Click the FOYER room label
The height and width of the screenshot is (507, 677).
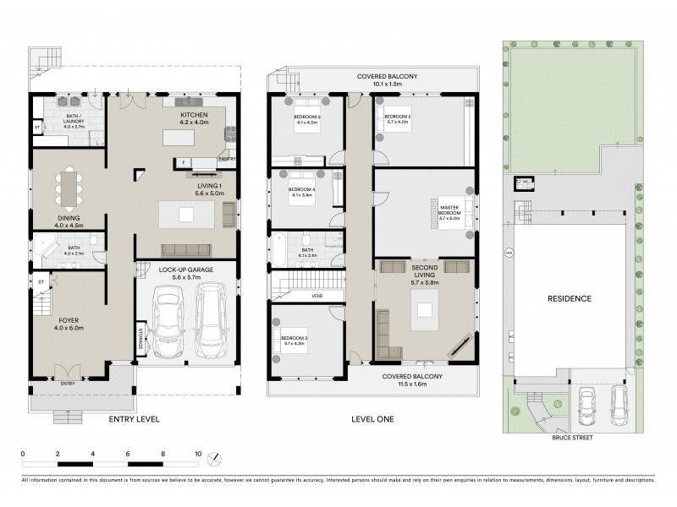pyautogui.click(x=69, y=321)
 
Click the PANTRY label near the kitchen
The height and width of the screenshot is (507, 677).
pyautogui.click(x=226, y=158)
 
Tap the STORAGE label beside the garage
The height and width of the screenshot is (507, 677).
pyautogui.click(x=140, y=338)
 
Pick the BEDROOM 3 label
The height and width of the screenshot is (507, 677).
pyautogui.click(x=293, y=340)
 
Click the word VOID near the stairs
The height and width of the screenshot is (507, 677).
pyautogui.click(x=316, y=296)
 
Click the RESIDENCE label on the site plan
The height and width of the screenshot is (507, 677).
pyautogui.click(x=569, y=299)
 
